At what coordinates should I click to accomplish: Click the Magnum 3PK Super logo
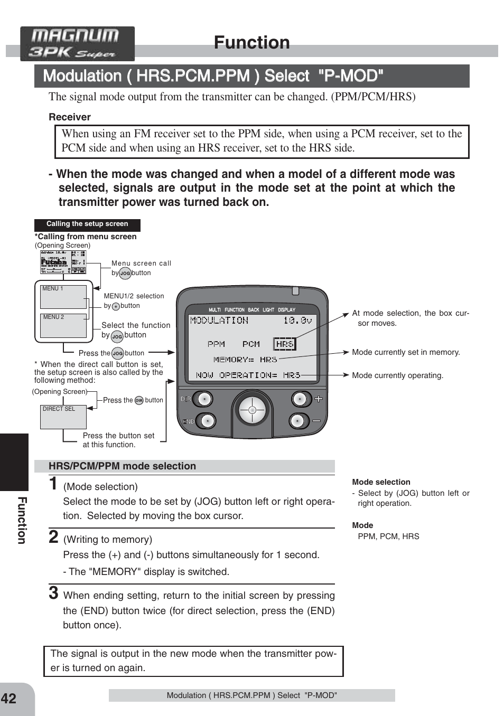pyautogui.click(x=77, y=44)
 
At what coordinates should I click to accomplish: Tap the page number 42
pyautogui.click(x=9, y=699)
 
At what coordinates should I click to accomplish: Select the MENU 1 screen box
pyautogui.click(x=63, y=297)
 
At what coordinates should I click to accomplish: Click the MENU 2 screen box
pyautogui.click(x=63, y=325)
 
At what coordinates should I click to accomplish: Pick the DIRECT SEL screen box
pyautogui.click(x=63, y=417)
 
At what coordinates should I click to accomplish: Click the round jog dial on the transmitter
pyautogui.click(x=252, y=410)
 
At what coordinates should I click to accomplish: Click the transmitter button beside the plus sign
pyautogui.click(x=300, y=399)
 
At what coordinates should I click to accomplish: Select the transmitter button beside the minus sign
pyautogui.click(x=298, y=421)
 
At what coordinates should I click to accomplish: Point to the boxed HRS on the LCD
pyautogui.click(x=285, y=344)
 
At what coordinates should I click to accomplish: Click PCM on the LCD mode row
pyautogui.click(x=251, y=344)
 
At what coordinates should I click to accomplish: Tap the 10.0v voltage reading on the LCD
pyautogui.click(x=297, y=320)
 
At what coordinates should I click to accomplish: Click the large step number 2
pyautogui.click(x=53, y=536)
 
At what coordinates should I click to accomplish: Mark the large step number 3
pyautogui.click(x=53, y=592)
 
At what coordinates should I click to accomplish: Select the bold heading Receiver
pyautogui.click(x=70, y=117)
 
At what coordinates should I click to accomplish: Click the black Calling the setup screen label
pyautogui.click(x=87, y=224)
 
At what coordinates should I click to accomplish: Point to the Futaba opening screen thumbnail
pyautogui.click(x=63, y=262)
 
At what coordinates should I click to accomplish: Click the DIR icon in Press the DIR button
pyautogui.click(x=139, y=401)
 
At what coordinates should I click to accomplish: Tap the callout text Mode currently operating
pyautogui.click(x=397, y=375)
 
